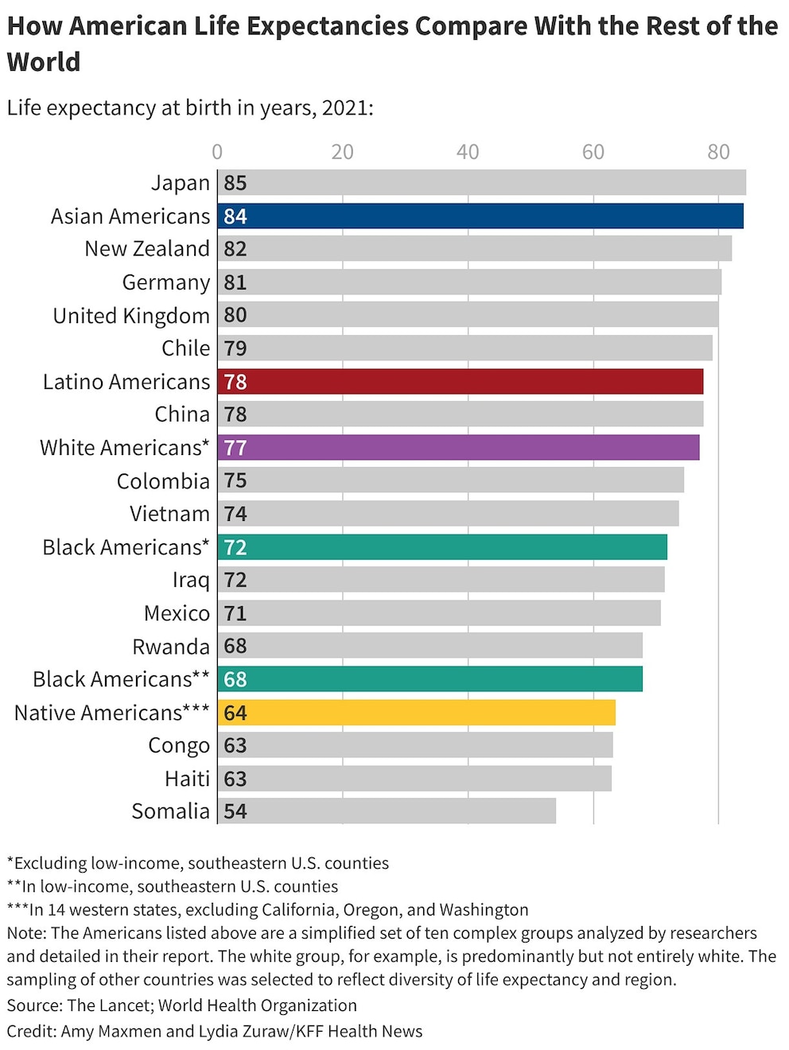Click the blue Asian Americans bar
click(x=480, y=216)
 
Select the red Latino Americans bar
click(x=461, y=382)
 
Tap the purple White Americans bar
click(x=459, y=448)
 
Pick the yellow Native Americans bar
click(x=417, y=713)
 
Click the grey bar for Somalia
click(x=387, y=811)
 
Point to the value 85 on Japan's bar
click(x=235, y=183)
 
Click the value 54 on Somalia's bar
click(x=235, y=811)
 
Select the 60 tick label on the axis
click(x=593, y=152)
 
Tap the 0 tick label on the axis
click(x=217, y=152)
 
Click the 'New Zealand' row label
click(x=147, y=249)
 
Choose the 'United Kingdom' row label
click(x=131, y=316)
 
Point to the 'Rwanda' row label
click(x=171, y=647)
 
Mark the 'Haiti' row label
click(x=188, y=779)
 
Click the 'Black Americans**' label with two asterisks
click(x=121, y=679)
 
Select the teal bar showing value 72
click(x=442, y=547)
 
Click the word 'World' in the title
click(x=44, y=62)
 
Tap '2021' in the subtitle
click(x=344, y=108)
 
